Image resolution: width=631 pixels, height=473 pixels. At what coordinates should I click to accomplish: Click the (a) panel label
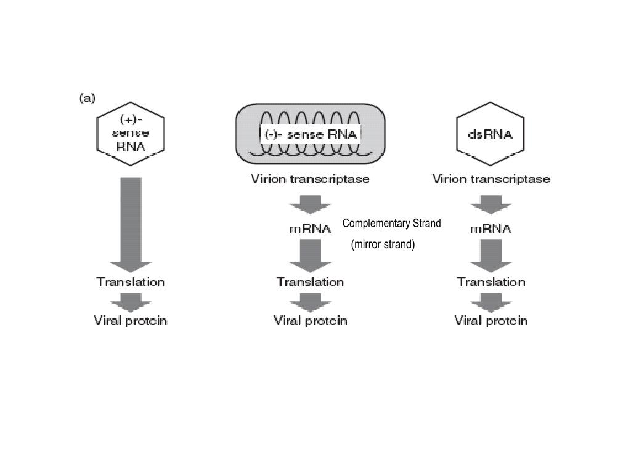pos(87,99)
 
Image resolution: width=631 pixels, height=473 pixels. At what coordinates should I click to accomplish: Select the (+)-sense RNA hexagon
pos(131,132)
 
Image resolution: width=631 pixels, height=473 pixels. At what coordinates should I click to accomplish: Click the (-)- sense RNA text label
pos(309,134)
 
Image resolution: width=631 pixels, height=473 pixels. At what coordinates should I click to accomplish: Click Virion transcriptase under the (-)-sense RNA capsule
pos(310,179)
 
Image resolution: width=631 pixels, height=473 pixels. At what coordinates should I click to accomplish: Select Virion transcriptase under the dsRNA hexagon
pos(491,179)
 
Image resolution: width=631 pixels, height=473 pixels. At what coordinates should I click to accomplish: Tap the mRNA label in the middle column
pos(310,228)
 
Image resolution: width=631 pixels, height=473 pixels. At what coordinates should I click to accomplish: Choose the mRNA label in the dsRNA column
pos(491,228)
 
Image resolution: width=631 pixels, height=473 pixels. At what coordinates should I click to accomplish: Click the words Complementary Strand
pos(391,223)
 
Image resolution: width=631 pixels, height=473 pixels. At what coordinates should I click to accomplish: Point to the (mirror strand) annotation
pos(383,245)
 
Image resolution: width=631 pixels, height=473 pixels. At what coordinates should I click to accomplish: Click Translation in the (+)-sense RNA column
pos(131,282)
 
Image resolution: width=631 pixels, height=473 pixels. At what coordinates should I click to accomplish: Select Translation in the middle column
pos(310,282)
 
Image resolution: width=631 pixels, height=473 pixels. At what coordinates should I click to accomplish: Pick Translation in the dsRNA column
pos(491,282)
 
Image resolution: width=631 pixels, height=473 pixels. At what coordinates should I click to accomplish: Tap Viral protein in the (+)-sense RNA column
pos(131,320)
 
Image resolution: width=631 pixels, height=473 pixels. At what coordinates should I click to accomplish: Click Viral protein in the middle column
pos(311,320)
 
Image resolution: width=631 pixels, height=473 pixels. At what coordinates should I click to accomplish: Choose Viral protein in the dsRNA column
pos(491,320)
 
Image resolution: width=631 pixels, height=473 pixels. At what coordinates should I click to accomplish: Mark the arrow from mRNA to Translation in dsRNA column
pos(491,255)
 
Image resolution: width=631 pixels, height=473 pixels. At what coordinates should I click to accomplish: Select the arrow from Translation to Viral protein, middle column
pos(310,302)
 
